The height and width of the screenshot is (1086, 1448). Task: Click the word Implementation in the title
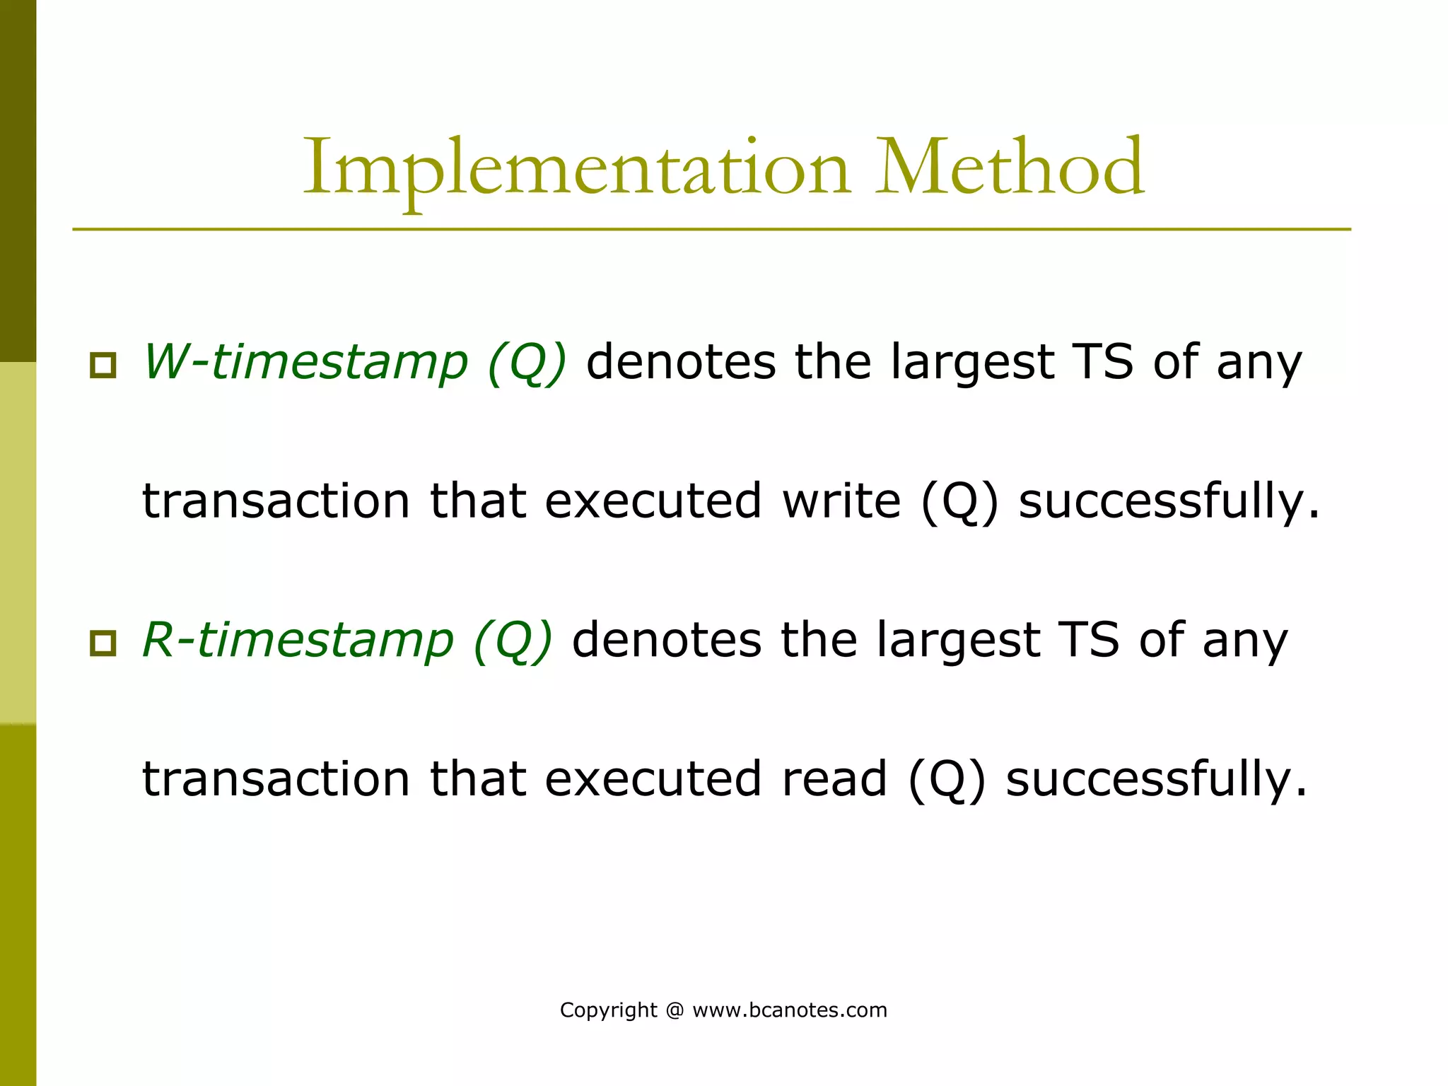(x=576, y=170)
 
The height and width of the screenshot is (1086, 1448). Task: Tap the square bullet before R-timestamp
(x=103, y=643)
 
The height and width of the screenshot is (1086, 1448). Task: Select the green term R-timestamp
(x=298, y=640)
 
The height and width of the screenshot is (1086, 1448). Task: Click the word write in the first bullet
(x=841, y=501)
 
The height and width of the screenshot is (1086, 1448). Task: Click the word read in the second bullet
(x=834, y=778)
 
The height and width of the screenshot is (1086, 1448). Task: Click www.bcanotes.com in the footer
(x=789, y=1010)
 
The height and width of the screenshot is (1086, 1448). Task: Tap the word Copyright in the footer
(x=608, y=1010)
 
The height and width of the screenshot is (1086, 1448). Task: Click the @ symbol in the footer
(x=675, y=1010)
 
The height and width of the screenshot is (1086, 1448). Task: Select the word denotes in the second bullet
(x=667, y=640)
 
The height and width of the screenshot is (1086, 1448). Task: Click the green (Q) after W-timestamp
(x=527, y=362)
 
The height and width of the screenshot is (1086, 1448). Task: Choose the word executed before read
(x=653, y=778)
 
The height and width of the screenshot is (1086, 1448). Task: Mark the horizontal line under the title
(x=711, y=229)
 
